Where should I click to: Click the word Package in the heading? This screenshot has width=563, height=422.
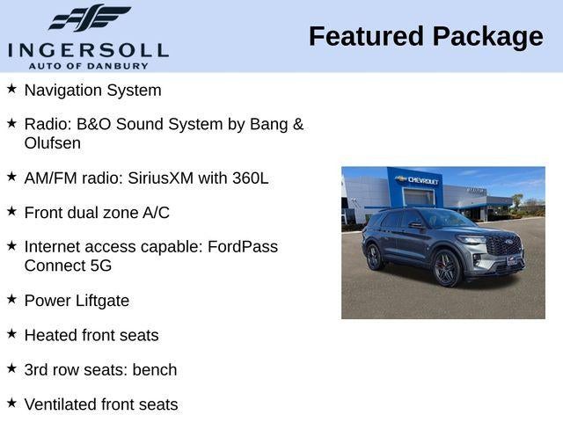pyautogui.click(x=487, y=37)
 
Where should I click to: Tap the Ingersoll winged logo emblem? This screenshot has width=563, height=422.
pyautogui.click(x=89, y=18)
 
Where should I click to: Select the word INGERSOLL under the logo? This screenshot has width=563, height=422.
pyautogui.click(x=88, y=50)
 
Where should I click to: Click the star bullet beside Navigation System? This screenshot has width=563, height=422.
pyautogui.click(x=11, y=89)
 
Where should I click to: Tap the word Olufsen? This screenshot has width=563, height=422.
pyautogui.click(x=53, y=142)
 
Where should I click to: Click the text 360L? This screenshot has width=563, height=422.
pyautogui.click(x=251, y=178)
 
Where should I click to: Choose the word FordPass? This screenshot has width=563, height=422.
pyautogui.click(x=243, y=247)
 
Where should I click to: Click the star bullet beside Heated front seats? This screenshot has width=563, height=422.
pyautogui.click(x=11, y=334)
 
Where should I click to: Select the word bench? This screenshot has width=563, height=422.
pyautogui.click(x=155, y=370)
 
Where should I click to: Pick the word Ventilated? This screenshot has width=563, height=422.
pyautogui.click(x=62, y=404)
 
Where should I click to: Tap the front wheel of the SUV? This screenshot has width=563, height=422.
pyautogui.click(x=447, y=268)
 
